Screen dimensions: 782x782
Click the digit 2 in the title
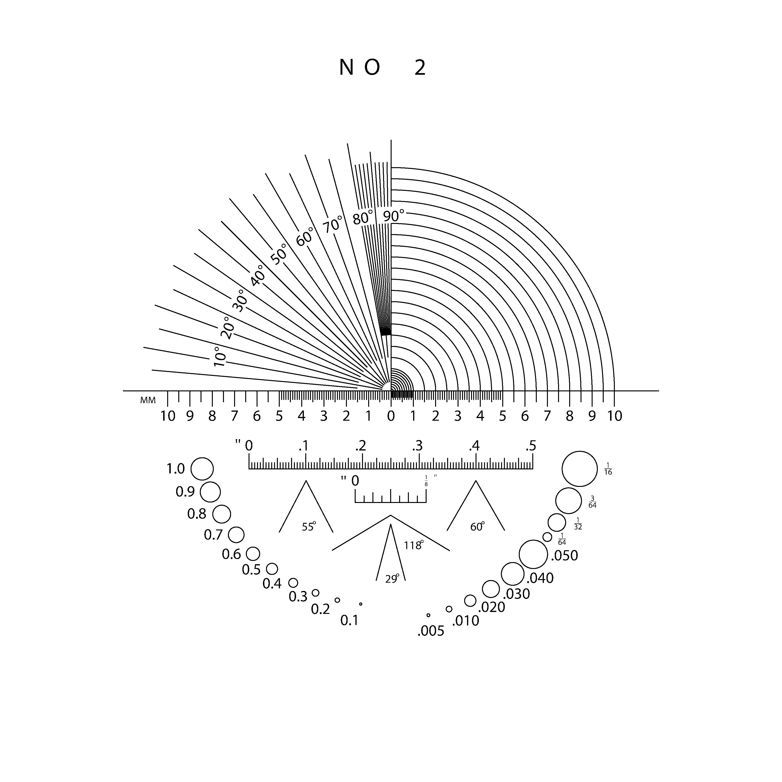[420, 68]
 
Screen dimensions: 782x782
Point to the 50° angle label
[279, 254]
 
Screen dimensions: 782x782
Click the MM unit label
[148, 400]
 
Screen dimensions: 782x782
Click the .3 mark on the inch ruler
[417, 446]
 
